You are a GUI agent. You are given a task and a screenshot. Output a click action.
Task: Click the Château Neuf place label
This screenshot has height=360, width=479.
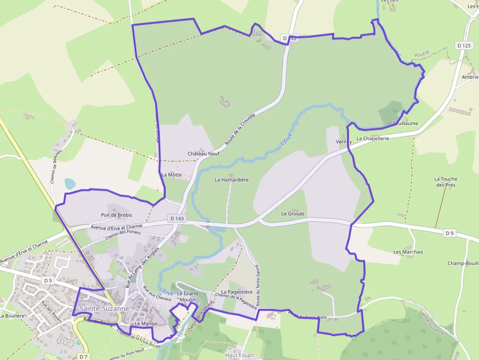coord(203,153)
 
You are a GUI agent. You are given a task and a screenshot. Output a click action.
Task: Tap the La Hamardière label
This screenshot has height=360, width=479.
coord(232,180)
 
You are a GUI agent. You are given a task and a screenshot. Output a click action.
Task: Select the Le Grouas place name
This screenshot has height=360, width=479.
coord(293,213)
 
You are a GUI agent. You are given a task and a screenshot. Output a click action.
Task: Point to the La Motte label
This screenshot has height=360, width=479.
coord(171,174)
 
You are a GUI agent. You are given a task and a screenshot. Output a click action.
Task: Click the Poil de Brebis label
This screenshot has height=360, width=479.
coord(116,215)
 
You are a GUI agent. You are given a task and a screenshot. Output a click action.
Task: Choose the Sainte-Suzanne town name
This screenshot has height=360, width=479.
coord(104,309)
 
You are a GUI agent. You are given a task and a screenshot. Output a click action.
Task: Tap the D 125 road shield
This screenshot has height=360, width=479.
coord(464,45)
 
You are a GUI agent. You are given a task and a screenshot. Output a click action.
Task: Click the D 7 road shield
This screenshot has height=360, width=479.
coord(84,357)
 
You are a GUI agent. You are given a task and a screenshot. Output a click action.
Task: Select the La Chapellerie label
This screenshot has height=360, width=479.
coord(372,139)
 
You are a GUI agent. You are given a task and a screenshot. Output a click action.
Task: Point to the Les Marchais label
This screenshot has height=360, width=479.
coord(408,252)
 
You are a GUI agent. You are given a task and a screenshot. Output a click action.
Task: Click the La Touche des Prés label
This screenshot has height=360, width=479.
coord(445,182)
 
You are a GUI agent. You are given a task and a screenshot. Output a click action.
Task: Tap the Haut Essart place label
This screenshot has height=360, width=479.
coord(240,355)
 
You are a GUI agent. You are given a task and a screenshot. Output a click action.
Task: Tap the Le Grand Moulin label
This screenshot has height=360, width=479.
coord(187,296)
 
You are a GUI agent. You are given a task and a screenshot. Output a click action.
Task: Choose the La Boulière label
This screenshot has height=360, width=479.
coord(12,316)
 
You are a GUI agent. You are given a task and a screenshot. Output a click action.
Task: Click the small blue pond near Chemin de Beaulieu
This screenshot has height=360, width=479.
coord(70,184)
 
